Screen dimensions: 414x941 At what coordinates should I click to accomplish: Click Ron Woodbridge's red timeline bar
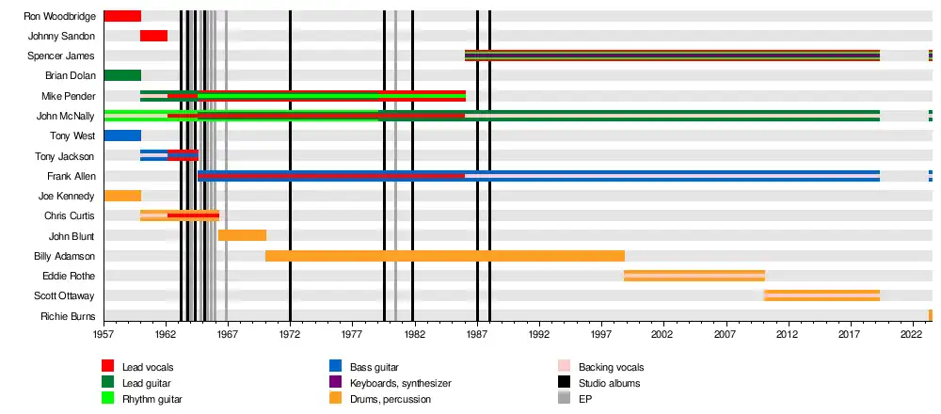[122, 16]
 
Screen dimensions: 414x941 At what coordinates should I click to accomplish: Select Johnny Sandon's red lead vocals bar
[153, 36]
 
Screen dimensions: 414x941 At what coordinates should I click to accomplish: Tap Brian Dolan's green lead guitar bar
[122, 75]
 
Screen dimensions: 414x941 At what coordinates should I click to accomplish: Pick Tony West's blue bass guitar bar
[122, 135]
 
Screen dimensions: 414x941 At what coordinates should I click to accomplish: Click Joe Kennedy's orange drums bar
[122, 196]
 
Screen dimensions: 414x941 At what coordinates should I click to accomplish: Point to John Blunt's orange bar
[242, 235]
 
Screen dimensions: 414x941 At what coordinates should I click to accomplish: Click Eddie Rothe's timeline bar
[694, 276]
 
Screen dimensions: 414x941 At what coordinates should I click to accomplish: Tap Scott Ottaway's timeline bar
[821, 295]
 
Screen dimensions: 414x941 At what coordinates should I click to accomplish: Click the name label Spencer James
[66, 56]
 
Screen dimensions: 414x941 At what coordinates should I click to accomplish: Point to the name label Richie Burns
[68, 316]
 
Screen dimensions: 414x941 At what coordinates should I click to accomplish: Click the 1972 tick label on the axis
[291, 334]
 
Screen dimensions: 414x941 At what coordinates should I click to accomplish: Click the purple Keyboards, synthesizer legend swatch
[335, 383]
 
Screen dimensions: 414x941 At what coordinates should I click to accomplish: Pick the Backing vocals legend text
[611, 367]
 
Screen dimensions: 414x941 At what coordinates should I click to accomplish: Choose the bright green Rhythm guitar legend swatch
[108, 399]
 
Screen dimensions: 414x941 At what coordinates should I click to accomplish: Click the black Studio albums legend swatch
[564, 383]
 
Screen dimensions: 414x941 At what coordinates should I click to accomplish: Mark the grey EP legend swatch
[564, 399]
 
